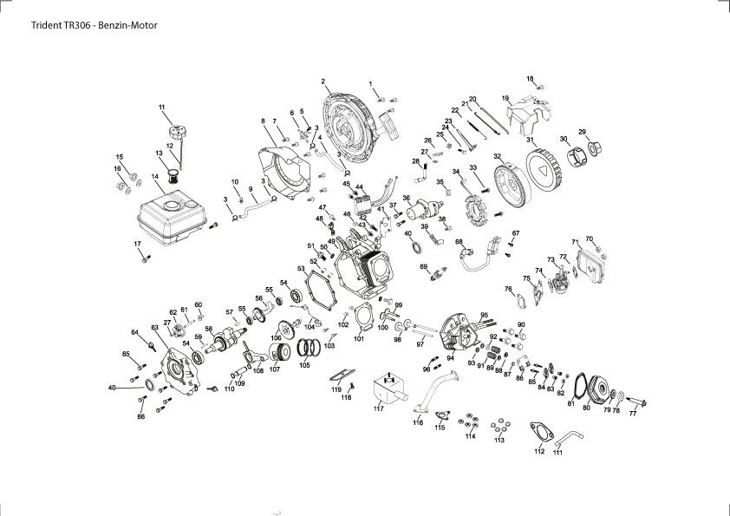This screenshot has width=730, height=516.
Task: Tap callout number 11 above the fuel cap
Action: (x=161, y=107)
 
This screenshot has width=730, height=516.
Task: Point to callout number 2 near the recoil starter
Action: (x=323, y=82)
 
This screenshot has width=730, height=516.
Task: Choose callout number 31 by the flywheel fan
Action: (x=530, y=140)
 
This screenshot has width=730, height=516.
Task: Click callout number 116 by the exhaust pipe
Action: (x=418, y=422)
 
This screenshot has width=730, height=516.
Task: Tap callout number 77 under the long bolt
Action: (x=633, y=414)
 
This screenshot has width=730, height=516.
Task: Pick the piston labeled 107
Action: (x=277, y=355)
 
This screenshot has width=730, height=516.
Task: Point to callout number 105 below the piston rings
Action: (x=303, y=365)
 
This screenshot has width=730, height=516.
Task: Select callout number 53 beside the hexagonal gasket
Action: (x=302, y=270)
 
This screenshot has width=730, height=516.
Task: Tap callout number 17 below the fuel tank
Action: (x=136, y=244)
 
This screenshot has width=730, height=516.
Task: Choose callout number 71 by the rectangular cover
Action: (x=575, y=241)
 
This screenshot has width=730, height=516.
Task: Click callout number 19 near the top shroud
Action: (x=505, y=98)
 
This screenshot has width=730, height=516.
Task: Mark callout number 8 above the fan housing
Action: (x=263, y=121)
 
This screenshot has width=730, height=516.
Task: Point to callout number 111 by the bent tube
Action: (x=557, y=452)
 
